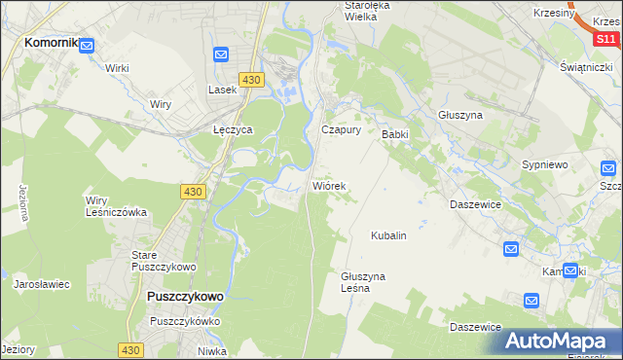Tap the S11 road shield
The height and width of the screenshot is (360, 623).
tap(605, 39)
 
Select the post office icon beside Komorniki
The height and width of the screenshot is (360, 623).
tap(87, 45)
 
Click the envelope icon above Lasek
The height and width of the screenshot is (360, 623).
tap(221, 55)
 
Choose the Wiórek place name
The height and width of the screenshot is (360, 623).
tap(328, 184)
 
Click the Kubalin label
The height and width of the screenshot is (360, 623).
tap(387, 235)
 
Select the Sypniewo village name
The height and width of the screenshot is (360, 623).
tap(545, 164)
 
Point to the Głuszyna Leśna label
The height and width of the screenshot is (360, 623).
tap(363, 282)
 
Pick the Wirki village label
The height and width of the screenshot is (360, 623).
tap(118, 68)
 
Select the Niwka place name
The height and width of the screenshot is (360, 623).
tap(211, 351)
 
